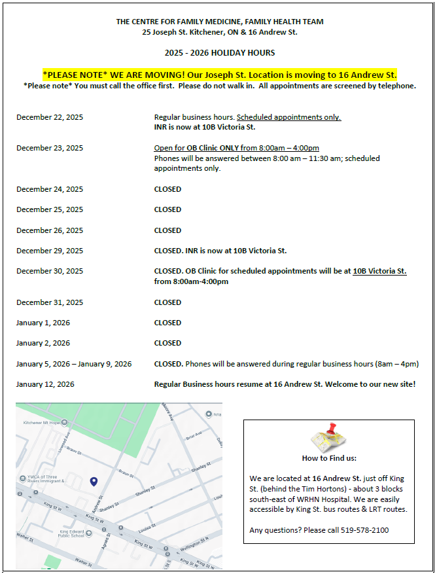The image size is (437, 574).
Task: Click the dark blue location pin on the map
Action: [x=94, y=482]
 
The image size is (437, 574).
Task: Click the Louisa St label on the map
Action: [x=147, y=526]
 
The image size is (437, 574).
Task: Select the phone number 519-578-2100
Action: [x=364, y=530]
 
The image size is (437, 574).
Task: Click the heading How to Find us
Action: [x=329, y=458]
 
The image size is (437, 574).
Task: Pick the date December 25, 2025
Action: [x=50, y=209]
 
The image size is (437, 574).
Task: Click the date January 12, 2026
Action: [x=45, y=384]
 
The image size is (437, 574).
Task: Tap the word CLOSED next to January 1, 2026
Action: [x=167, y=323]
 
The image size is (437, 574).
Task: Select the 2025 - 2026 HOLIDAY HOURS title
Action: [x=220, y=53]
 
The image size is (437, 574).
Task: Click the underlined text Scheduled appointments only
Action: [x=288, y=117]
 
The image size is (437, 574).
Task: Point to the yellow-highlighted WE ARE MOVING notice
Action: [x=220, y=75]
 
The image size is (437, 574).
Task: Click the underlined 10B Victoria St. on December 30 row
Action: [x=379, y=271]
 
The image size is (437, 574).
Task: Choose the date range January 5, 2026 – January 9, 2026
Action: [x=74, y=364]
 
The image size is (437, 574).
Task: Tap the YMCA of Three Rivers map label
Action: [x=45, y=478]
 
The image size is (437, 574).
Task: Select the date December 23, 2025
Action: [x=50, y=148]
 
